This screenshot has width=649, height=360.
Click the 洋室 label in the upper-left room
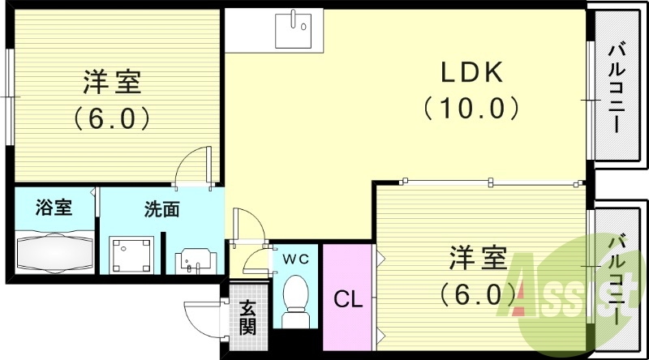[113, 83]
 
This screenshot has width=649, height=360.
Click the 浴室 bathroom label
[54, 208]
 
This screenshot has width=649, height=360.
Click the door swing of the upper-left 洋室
[195, 166]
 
